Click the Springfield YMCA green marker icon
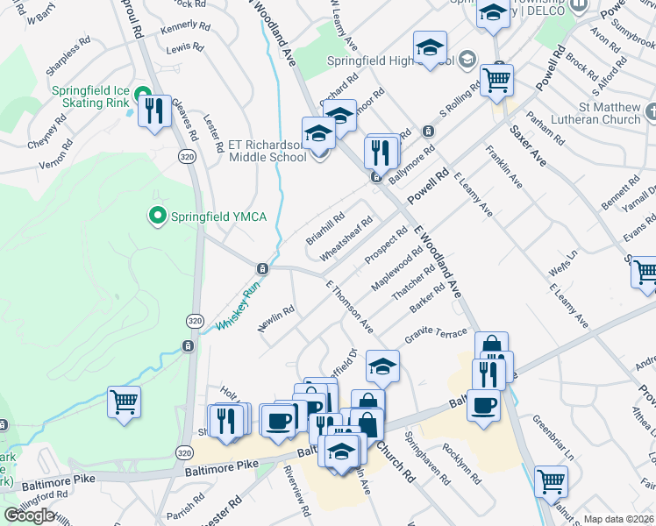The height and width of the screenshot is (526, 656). click(x=157, y=214)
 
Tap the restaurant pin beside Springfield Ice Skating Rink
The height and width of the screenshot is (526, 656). click(x=154, y=110)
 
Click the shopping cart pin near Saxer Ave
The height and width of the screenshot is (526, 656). click(x=497, y=81)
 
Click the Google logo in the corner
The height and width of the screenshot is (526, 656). click(x=29, y=515)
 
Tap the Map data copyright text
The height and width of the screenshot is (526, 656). click(x=618, y=519)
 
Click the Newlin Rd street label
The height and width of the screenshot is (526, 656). click(x=275, y=319)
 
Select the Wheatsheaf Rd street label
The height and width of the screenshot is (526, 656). click(x=347, y=238)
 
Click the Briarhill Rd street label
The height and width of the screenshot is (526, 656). click(x=325, y=226)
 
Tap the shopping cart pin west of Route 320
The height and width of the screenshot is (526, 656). click(x=124, y=403)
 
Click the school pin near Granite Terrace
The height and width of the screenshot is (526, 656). click(x=382, y=366)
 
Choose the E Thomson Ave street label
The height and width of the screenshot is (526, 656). click(x=350, y=308)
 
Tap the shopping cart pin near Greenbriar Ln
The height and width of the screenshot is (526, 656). click(x=551, y=480)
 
